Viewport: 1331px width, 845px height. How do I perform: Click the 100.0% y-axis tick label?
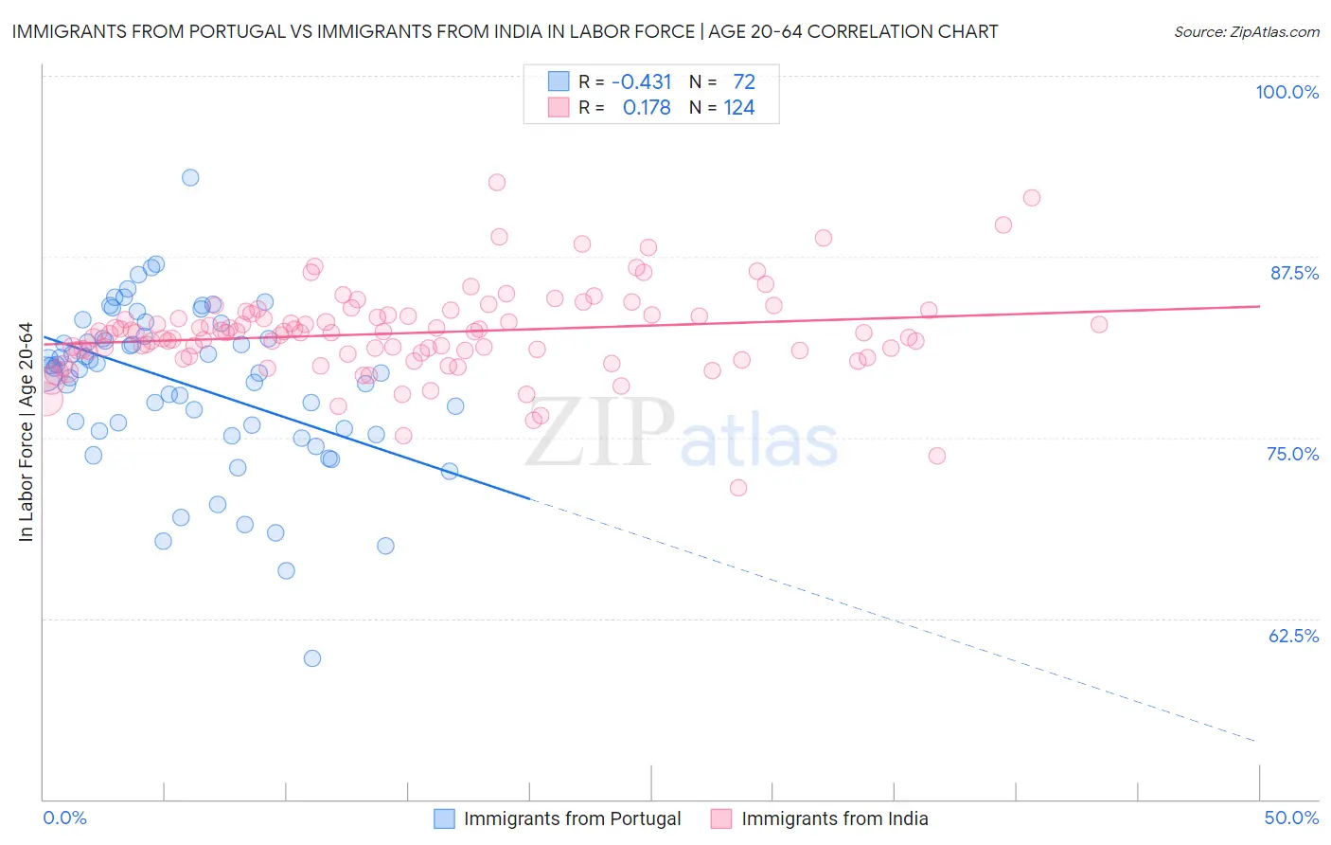pyautogui.click(x=1287, y=92)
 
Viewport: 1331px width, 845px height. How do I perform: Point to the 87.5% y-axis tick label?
pyautogui.click(x=1294, y=273)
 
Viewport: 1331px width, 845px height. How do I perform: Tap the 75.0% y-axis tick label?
pyautogui.click(x=1292, y=454)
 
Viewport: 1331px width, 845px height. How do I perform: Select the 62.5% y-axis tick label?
pyautogui.click(x=1293, y=636)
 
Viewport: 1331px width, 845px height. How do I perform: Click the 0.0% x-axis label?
pyautogui.click(x=65, y=818)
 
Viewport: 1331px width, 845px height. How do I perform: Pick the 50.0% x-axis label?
pyautogui.click(x=1291, y=818)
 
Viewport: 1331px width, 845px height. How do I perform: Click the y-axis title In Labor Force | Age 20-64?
pyautogui.click(x=26, y=432)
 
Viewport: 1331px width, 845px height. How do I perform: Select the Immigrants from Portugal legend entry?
pyautogui.click(x=558, y=818)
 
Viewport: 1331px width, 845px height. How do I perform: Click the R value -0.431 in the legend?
pyautogui.click(x=641, y=81)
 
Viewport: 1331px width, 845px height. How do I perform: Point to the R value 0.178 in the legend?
pyautogui.click(x=647, y=108)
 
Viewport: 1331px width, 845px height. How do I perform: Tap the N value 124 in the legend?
pyautogui.click(x=739, y=108)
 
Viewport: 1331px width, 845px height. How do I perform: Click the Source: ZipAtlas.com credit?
pyautogui.click(x=1246, y=32)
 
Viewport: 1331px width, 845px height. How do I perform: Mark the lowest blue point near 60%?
pyautogui.click(x=312, y=658)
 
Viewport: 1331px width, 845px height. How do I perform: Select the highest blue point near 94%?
pyautogui.click(x=190, y=177)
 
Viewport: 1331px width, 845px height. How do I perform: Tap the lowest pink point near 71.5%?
pyautogui.click(x=738, y=488)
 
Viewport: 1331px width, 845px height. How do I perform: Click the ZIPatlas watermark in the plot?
pyautogui.click(x=682, y=434)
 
